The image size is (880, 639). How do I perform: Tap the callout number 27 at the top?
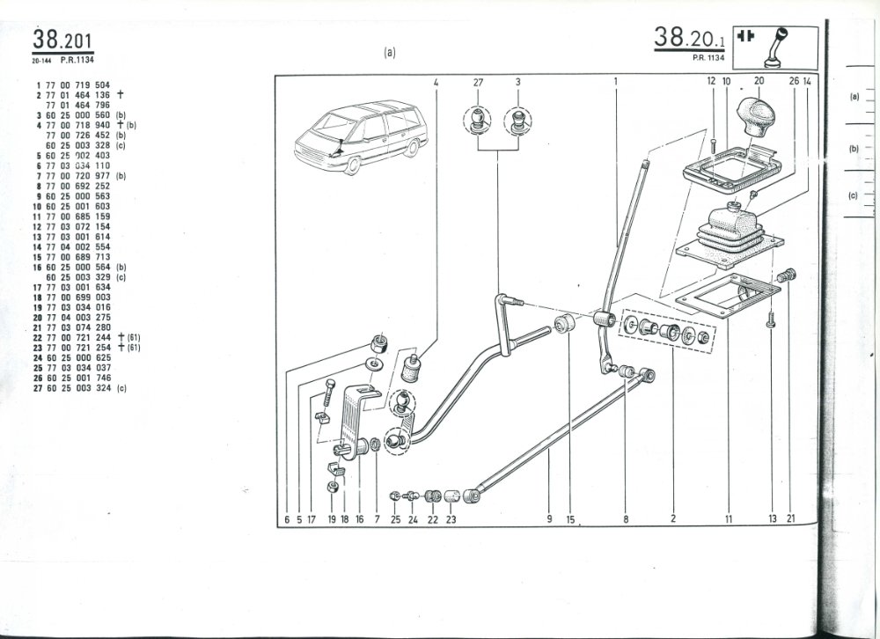point(479,82)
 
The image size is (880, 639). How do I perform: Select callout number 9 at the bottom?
point(548,519)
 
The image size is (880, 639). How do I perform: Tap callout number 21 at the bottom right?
point(791,519)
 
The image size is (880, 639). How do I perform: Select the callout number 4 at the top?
point(436,82)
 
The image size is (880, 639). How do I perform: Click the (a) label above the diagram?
point(389,52)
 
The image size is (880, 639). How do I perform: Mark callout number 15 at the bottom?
point(570,520)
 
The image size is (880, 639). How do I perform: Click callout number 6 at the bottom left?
point(287,520)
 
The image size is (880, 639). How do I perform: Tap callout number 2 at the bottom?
point(672,519)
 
